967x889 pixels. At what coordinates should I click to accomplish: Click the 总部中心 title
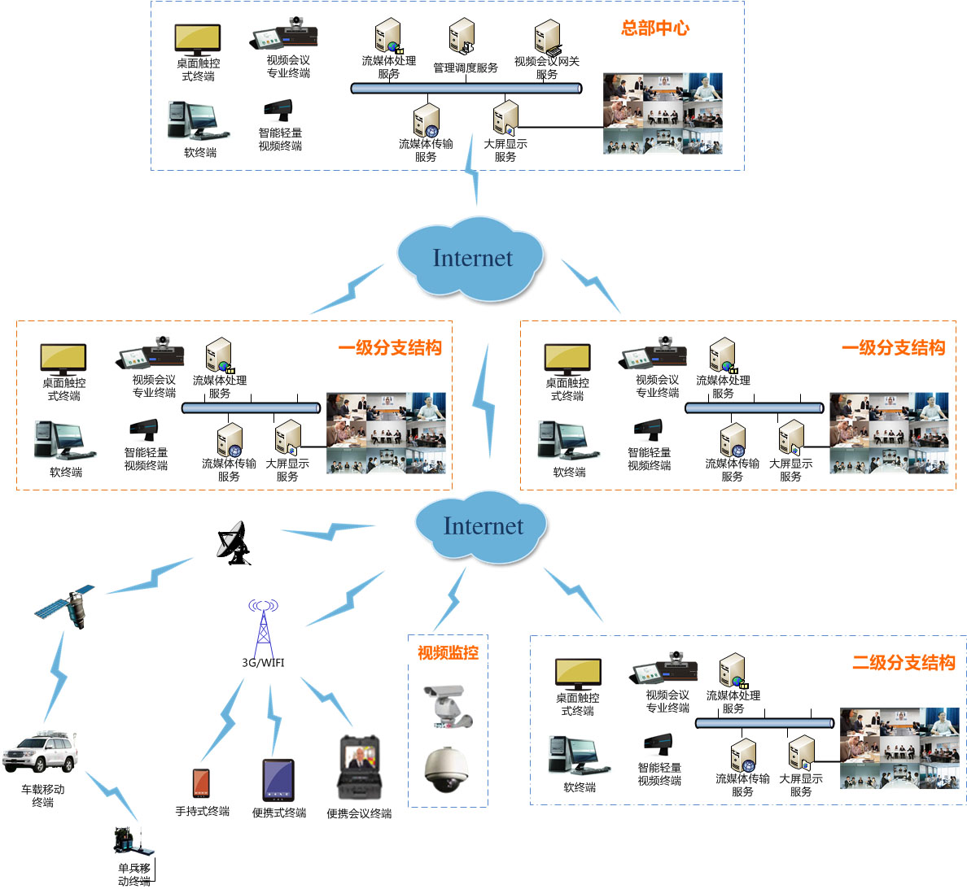click(654, 28)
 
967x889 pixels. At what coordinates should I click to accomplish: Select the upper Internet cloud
click(471, 257)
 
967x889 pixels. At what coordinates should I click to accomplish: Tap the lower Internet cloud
click(481, 526)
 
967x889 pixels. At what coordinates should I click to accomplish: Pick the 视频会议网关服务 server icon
click(547, 37)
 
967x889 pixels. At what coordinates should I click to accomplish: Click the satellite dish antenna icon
click(234, 543)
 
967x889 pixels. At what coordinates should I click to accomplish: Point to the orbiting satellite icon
click(65, 604)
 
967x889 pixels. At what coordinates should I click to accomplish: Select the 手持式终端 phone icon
click(201, 783)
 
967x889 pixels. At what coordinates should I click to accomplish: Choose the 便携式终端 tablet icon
click(278, 780)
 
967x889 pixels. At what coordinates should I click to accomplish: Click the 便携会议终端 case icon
click(359, 768)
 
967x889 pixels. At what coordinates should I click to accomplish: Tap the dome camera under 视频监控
click(447, 769)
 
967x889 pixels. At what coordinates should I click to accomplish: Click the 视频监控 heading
click(448, 652)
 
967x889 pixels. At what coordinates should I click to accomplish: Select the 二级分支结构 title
click(904, 663)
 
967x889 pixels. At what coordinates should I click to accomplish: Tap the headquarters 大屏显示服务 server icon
click(505, 119)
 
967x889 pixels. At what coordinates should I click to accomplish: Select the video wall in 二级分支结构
click(899, 748)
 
